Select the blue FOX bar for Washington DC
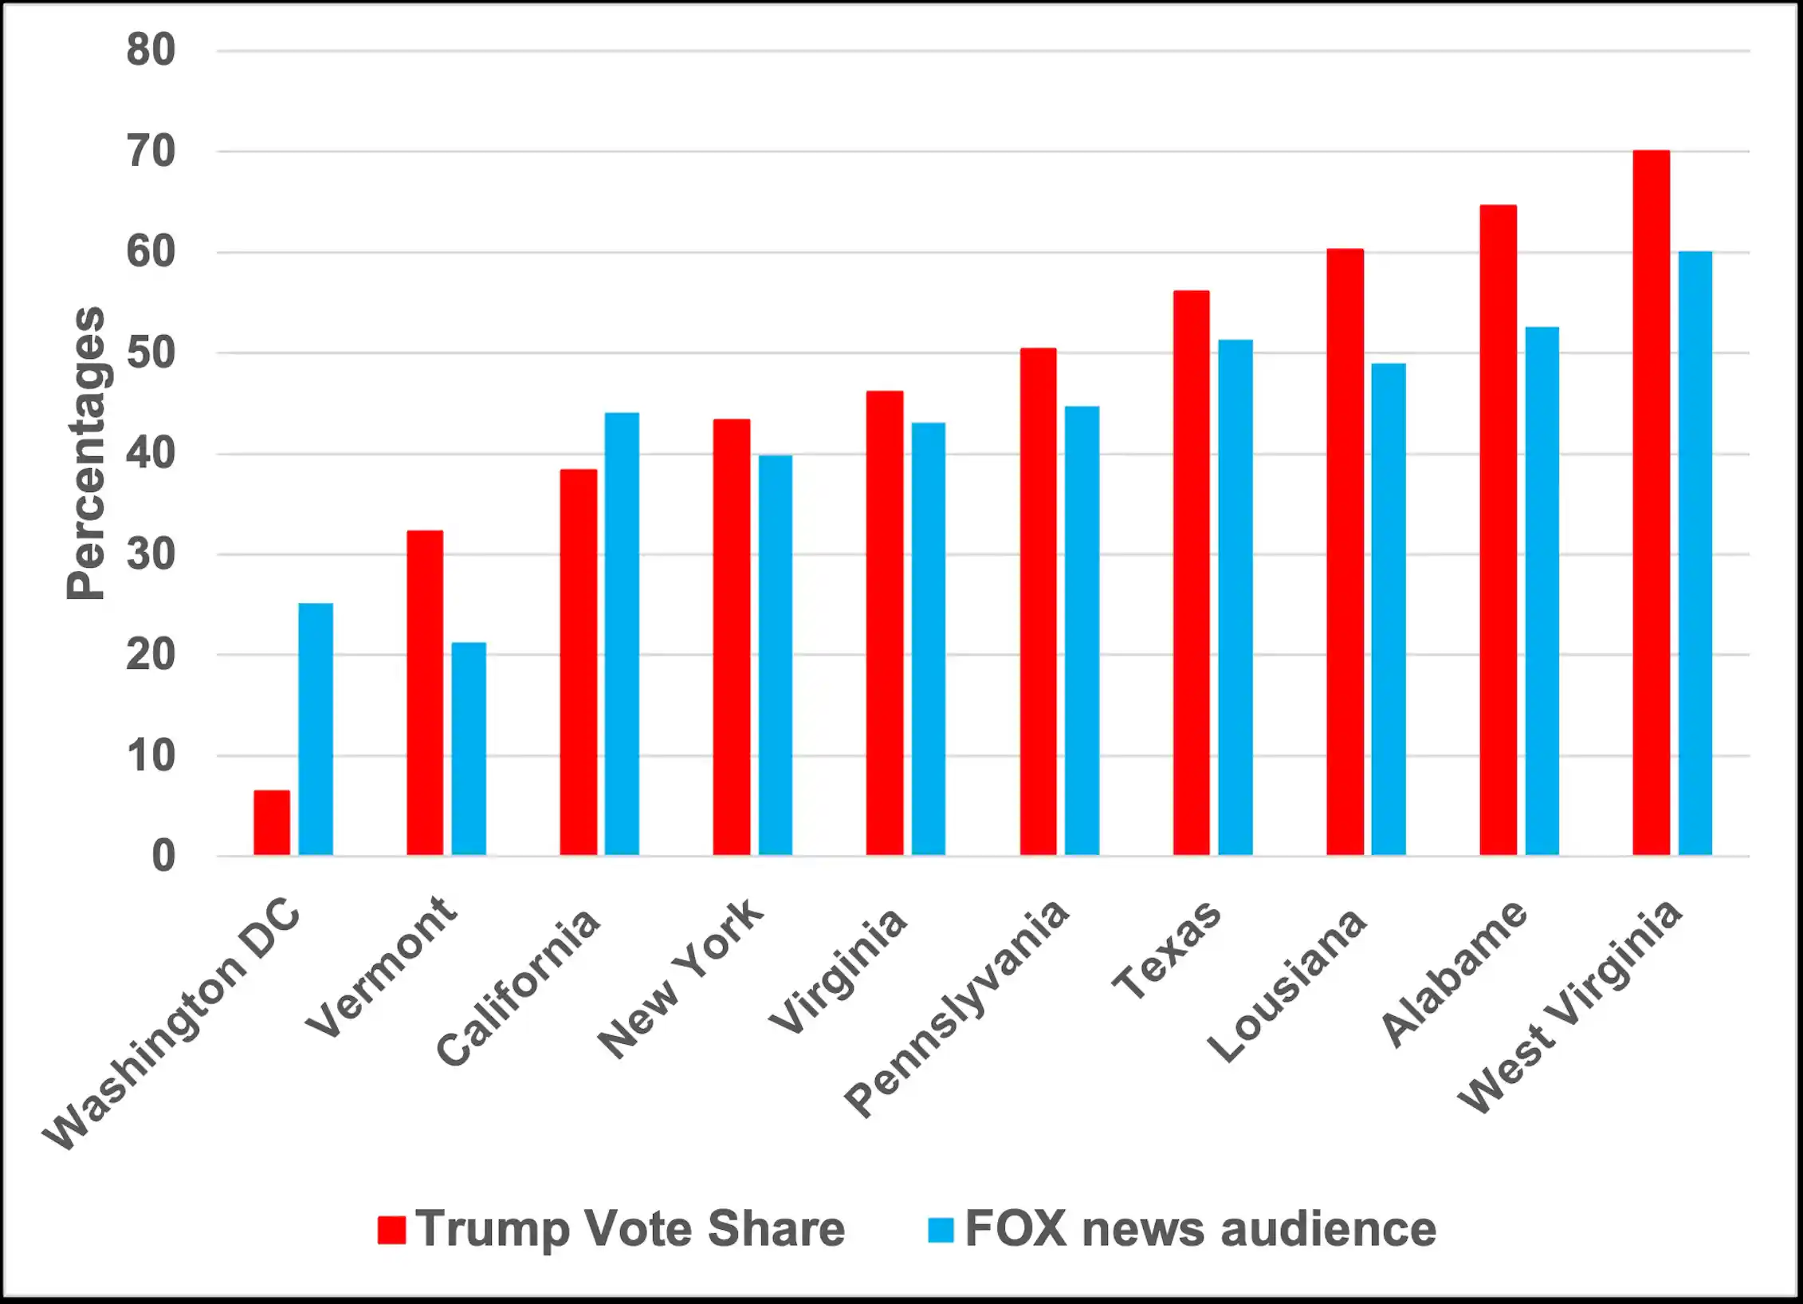[316, 729]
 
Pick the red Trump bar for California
[578, 662]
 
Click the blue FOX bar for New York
[775, 655]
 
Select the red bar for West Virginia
[1651, 502]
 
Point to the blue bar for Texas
[1235, 597]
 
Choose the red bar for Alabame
[1498, 530]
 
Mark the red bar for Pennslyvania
[1038, 601]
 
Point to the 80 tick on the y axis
[151, 50]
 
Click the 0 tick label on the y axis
[163, 857]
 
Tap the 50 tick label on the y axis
[151, 353]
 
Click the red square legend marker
[391, 1230]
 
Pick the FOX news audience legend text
[1200, 1229]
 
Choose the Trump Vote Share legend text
[630, 1229]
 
